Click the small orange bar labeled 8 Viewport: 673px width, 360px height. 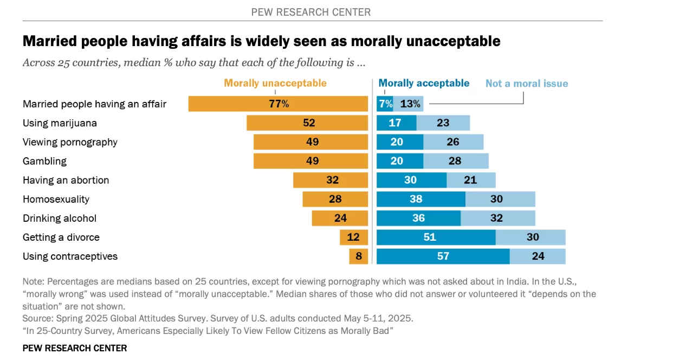click(x=358, y=256)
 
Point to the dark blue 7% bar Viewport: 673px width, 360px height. click(x=384, y=104)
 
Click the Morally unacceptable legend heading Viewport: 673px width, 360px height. click(x=275, y=83)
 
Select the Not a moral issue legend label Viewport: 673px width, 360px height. click(x=526, y=83)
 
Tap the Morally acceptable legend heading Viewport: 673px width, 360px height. click(x=424, y=83)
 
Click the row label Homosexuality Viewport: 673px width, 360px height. click(x=56, y=199)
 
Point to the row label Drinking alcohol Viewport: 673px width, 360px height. click(x=59, y=218)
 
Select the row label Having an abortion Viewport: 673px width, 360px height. click(x=66, y=180)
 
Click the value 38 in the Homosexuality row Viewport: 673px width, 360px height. click(x=416, y=199)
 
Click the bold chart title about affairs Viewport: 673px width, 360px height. click(x=261, y=41)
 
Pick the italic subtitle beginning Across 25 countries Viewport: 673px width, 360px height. click(x=193, y=62)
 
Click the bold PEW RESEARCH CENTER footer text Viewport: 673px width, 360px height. click(x=74, y=348)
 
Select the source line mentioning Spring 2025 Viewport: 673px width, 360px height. click(x=217, y=318)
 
